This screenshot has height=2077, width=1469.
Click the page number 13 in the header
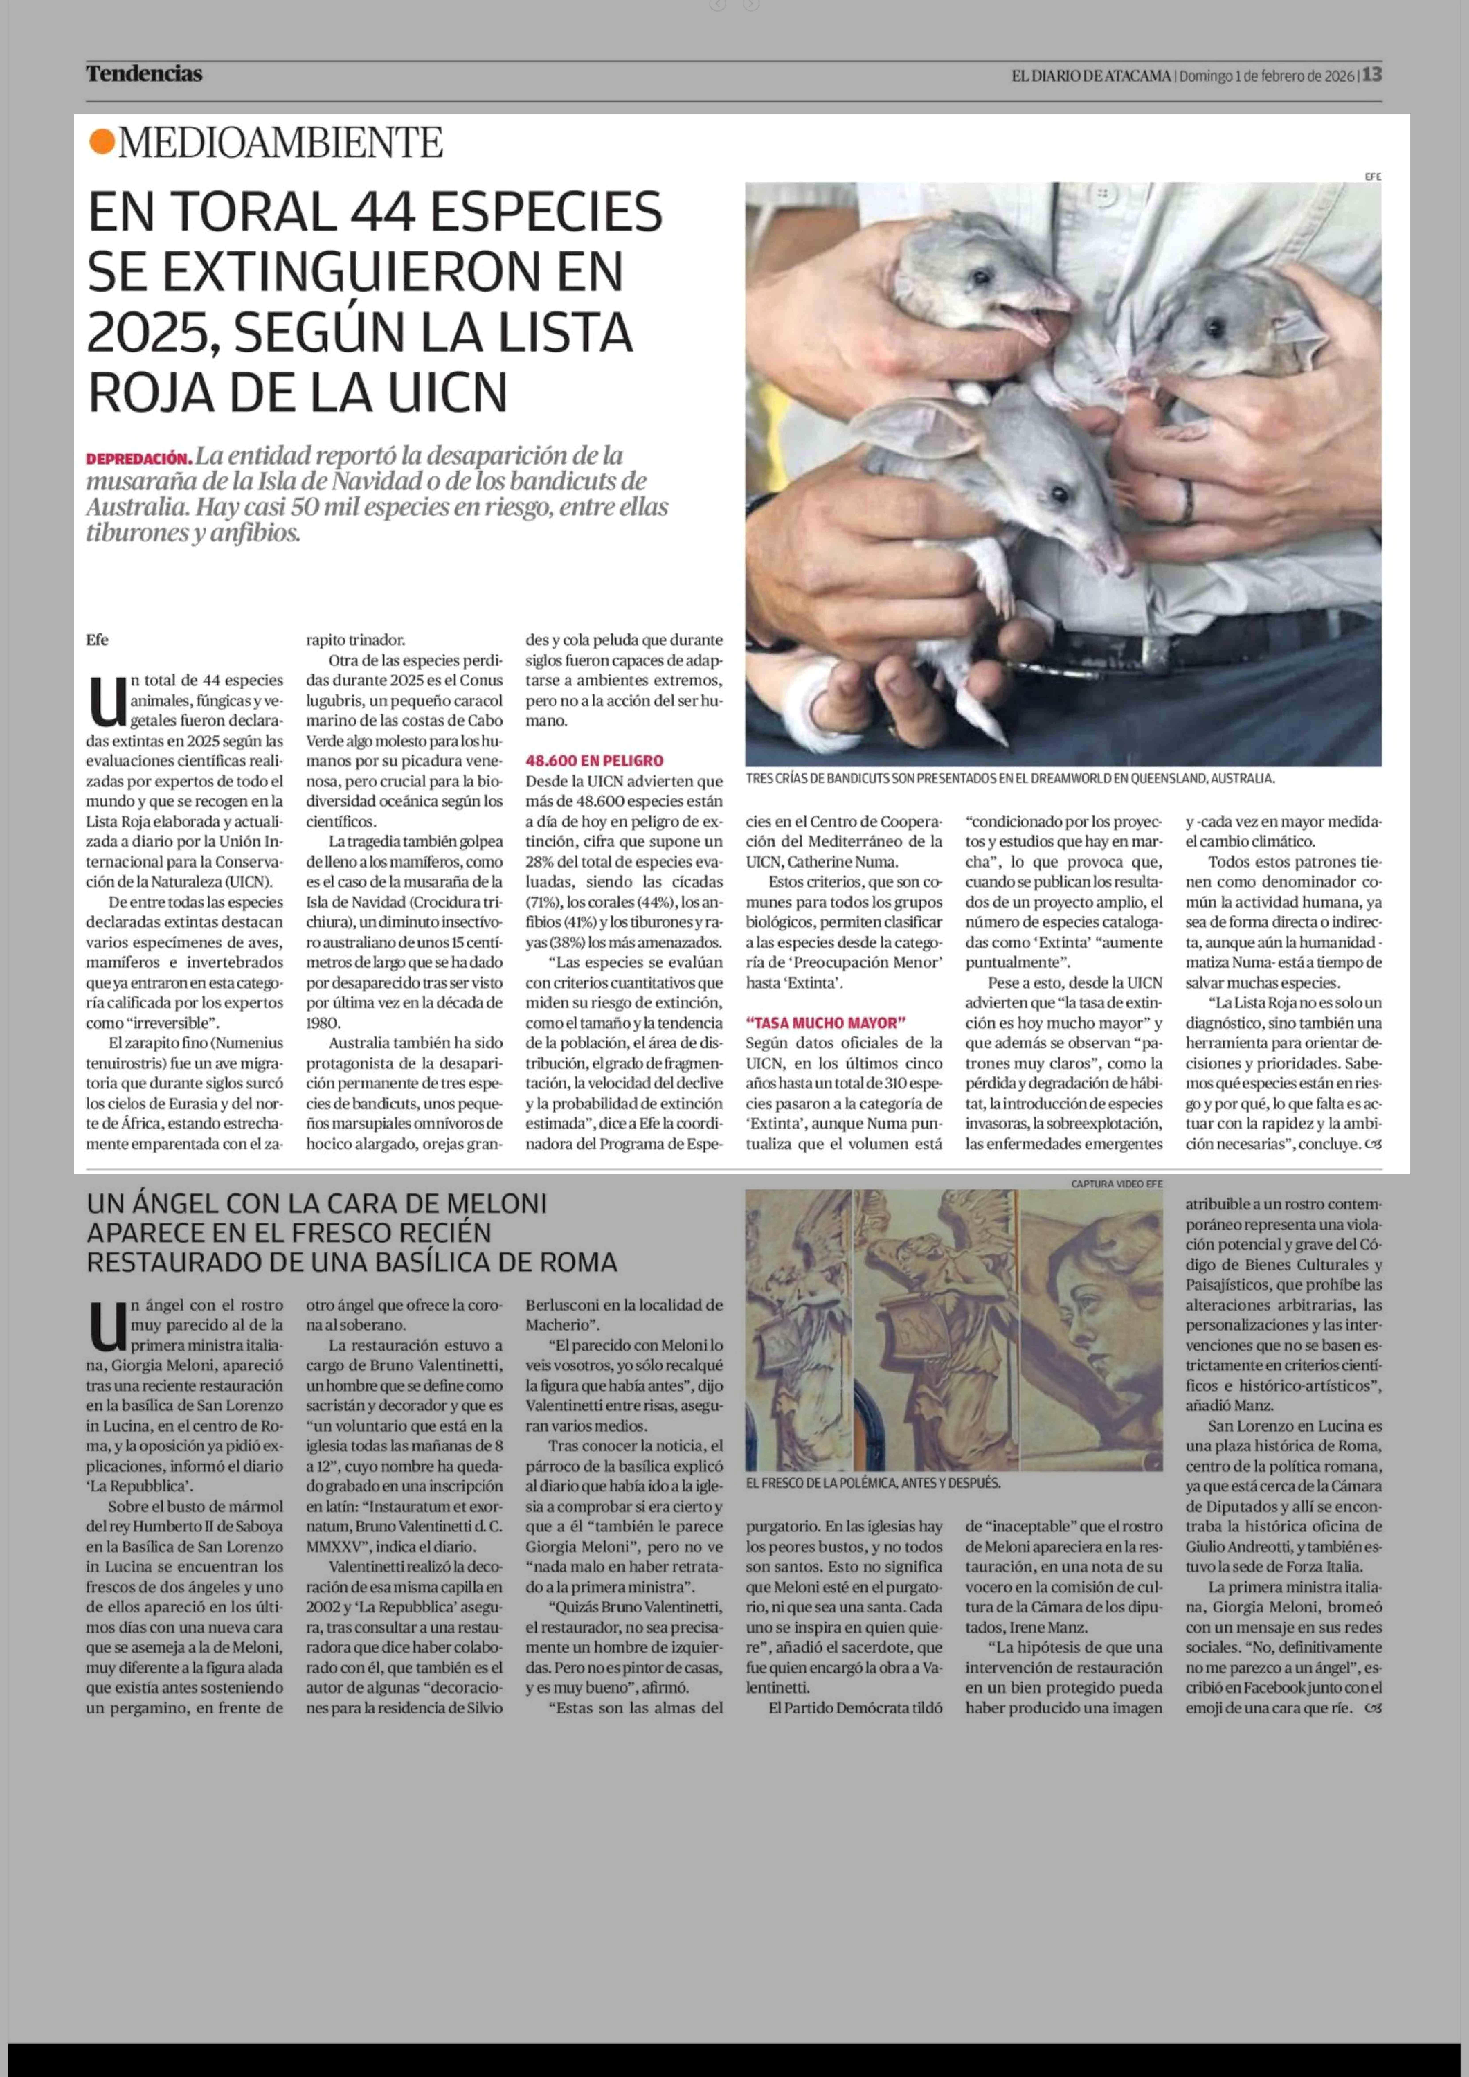click(1372, 75)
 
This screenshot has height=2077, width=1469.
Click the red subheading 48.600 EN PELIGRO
click(594, 761)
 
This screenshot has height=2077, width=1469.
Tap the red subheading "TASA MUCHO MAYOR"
click(826, 1023)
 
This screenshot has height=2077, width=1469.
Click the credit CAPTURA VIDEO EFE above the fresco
click(1116, 1183)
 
